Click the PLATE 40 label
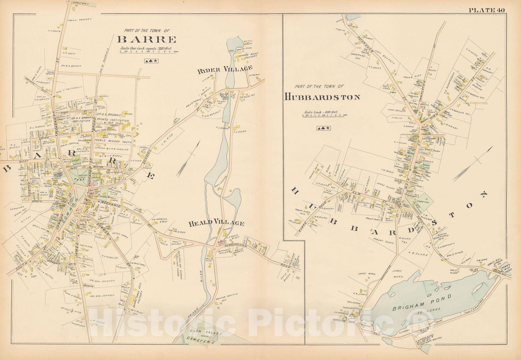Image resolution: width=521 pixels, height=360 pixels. (x=486, y=10)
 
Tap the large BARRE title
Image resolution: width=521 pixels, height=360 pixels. (x=147, y=40)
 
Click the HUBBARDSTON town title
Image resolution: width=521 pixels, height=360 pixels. (x=322, y=97)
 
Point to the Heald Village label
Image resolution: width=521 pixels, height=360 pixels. (x=216, y=223)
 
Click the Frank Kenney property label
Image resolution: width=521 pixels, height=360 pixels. (x=80, y=20)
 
